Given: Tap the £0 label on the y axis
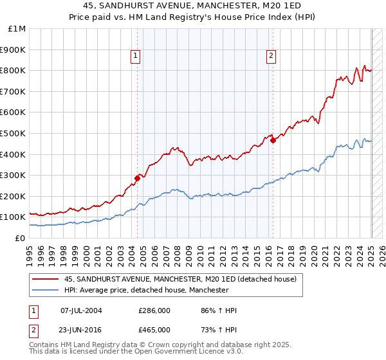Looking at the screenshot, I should coord(21,238).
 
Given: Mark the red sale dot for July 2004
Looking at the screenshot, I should coord(137,178).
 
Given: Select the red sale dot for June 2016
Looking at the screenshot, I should coord(273,140).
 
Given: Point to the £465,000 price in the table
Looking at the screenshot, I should coord(154,329).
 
